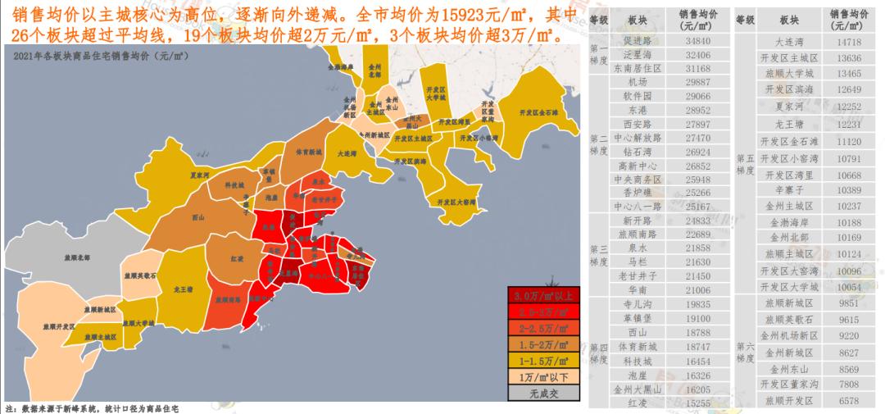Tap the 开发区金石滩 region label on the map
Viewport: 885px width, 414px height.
[538, 111]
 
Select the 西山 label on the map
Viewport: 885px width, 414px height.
[197, 218]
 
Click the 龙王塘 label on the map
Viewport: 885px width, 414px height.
[183, 289]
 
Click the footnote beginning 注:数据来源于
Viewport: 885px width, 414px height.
[92, 407]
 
